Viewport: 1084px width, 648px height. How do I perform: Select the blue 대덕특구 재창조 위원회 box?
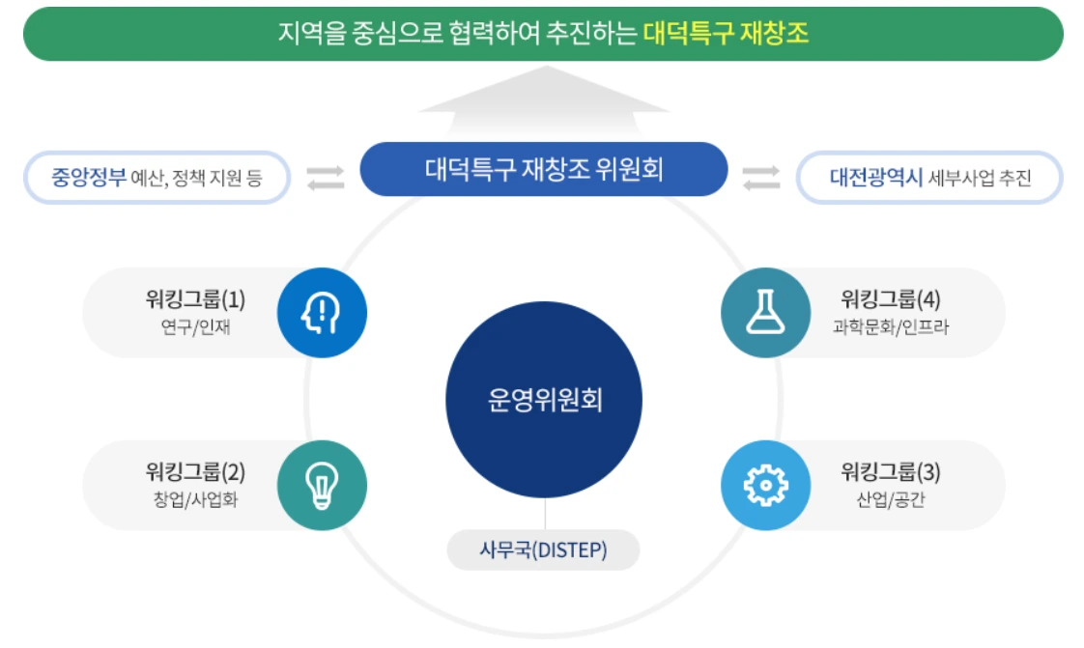pyautogui.click(x=543, y=170)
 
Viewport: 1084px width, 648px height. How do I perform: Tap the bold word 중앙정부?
pyautogui.click(x=89, y=178)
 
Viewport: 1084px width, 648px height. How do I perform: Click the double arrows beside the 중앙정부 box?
pyautogui.click(x=326, y=179)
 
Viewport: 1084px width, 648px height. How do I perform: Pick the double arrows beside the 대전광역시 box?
pyautogui.click(x=761, y=179)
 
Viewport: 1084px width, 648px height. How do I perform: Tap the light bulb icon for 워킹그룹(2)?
pyautogui.click(x=322, y=486)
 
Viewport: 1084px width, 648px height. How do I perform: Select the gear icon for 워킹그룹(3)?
pyautogui.click(x=766, y=486)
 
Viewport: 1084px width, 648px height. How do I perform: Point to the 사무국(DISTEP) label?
pyautogui.click(x=544, y=550)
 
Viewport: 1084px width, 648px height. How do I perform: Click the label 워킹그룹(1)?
pyautogui.click(x=195, y=299)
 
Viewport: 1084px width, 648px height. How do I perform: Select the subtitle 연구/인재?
pyautogui.click(x=195, y=327)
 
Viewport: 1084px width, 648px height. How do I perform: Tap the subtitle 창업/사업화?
pyautogui.click(x=195, y=500)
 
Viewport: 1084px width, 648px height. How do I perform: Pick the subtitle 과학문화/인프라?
pyautogui.click(x=891, y=327)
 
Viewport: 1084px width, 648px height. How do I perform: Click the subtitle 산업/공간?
pyautogui.click(x=891, y=500)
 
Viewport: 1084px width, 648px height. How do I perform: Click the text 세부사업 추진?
pyautogui.click(x=980, y=179)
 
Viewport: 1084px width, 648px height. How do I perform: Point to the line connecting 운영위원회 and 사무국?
pyautogui.click(x=545, y=514)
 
